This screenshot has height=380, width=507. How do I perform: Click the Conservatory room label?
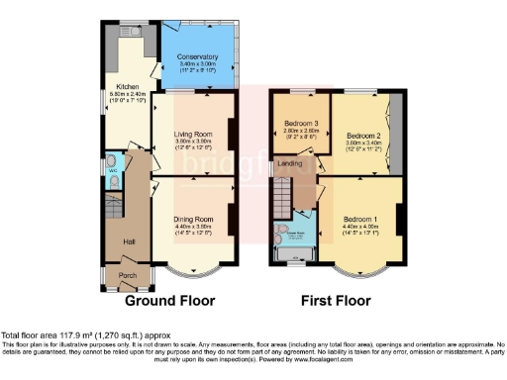(x=197, y=57)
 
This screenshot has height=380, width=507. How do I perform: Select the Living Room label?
(x=193, y=133)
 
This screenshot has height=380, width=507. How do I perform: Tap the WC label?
(x=112, y=170)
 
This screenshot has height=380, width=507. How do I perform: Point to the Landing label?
(x=289, y=164)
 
